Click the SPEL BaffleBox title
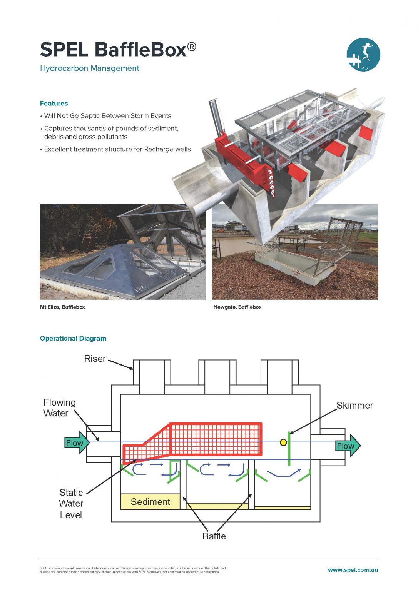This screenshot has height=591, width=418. point(118,50)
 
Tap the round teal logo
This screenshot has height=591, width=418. point(363,55)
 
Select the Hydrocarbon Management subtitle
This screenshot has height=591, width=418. point(89,68)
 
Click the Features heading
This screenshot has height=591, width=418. point(54,104)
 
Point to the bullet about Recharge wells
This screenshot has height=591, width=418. point(117,149)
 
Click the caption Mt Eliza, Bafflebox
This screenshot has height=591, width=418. point(62,307)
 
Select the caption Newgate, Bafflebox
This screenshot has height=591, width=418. point(237,307)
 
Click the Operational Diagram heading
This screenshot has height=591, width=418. point(73,339)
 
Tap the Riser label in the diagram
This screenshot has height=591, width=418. point(95,359)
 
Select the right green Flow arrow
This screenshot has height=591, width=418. point(348,446)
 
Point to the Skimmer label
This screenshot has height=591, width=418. point(354,406)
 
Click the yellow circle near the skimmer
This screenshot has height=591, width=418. point(283,442)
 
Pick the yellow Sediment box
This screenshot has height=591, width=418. point(150,502)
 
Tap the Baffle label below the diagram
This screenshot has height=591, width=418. point(214,536)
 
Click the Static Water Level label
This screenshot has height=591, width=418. point(71,504)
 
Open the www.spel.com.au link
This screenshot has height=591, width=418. point(353,570)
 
